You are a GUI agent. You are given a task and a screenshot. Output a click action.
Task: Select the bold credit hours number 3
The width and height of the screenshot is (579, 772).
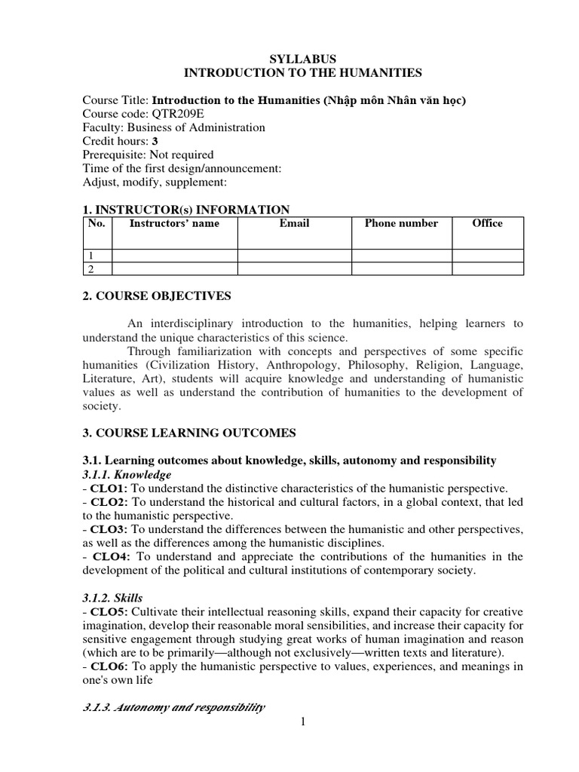tap(155, 141)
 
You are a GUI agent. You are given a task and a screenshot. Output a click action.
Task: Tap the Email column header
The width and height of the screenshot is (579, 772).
tap(294, 223)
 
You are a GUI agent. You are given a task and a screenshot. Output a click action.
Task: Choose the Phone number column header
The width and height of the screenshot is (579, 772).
tap(401, 223)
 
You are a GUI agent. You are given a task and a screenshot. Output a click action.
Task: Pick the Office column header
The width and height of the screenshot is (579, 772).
tap(487, 223)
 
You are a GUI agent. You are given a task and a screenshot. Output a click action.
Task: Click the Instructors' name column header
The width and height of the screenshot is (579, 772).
tap(175, 223)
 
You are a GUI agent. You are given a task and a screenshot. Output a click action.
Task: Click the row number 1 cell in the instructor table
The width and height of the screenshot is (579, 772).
tap(91, 256)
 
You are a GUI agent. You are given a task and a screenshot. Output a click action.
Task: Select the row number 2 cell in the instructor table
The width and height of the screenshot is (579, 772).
tap(91, 268)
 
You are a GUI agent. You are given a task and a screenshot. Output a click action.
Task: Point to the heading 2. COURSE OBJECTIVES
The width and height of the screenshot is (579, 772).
tap(156, 296)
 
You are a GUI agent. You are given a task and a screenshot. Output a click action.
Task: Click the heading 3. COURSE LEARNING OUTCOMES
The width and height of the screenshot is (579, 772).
tap(189, 433)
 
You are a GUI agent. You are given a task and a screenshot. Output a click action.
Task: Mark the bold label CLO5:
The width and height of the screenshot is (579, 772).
tap(106, 611)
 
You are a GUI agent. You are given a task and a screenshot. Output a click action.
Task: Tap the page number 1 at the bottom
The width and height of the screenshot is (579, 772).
tap(302, 722)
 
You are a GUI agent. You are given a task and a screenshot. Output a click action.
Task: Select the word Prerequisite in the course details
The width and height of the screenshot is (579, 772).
tap(113, 155)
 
